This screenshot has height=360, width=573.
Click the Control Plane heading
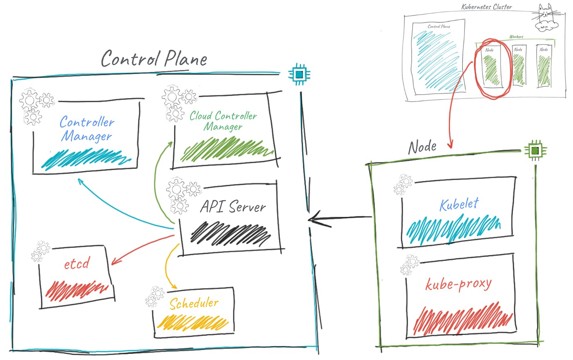click(154, 59)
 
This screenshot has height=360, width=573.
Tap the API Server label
click(233, 207)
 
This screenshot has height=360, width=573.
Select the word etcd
click(77, 264)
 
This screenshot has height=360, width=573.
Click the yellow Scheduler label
click(194, 303)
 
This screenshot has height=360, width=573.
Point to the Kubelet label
click(459, 204)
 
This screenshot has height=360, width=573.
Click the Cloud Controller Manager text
click(223, 121)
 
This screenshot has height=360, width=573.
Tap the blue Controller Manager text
click(87, 129)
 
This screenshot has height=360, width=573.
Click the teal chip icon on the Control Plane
click(299, 74)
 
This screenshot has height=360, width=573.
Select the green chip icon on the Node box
click(535, 151)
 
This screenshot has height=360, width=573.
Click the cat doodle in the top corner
click(546, 18)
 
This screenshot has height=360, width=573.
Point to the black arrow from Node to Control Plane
click(340, 219)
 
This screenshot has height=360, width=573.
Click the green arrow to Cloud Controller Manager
click(157, 176)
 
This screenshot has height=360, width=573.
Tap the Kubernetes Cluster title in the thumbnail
click(486, 7)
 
